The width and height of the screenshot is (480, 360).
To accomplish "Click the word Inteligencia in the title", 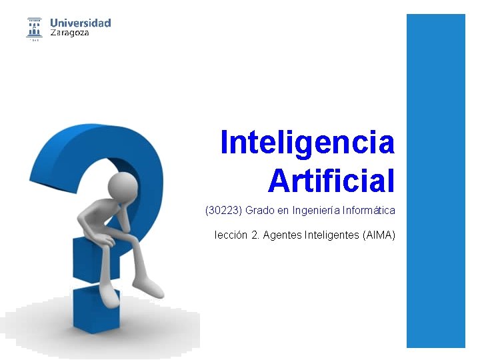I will pos(307,142).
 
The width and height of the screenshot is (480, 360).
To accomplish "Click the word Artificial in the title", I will pos(331,180).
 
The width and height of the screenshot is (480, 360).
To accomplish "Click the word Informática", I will pos(369,211).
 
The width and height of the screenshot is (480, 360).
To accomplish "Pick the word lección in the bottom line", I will pos(232,235).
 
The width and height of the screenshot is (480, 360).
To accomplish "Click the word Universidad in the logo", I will pos(80,23).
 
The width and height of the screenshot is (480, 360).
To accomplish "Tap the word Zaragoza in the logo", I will pos(70,33).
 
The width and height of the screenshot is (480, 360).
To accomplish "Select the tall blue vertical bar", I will pos(435,180).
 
